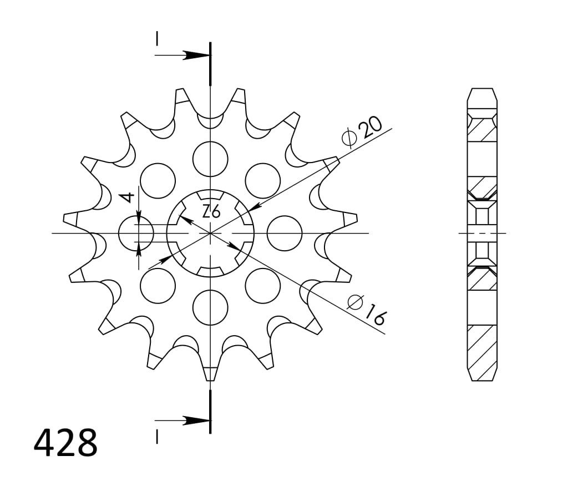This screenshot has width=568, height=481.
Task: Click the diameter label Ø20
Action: click(x=362, y=132)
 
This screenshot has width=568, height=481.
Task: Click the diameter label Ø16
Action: click(x=367, y=310)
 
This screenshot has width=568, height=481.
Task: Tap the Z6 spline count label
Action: click(x=211, y=211)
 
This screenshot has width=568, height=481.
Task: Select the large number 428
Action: click(x=65, y=443)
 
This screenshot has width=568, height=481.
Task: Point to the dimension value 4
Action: click(x=128, y=198)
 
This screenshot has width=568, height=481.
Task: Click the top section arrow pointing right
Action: click(x=182, y=55)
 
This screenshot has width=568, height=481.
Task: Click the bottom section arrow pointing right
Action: click(x=182, y=421)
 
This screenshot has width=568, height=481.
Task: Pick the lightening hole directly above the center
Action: click(x=210, y=159)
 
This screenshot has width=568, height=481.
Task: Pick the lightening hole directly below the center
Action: click(x=210, y=307)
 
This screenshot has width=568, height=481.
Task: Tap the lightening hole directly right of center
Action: click(x=285, y=233)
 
